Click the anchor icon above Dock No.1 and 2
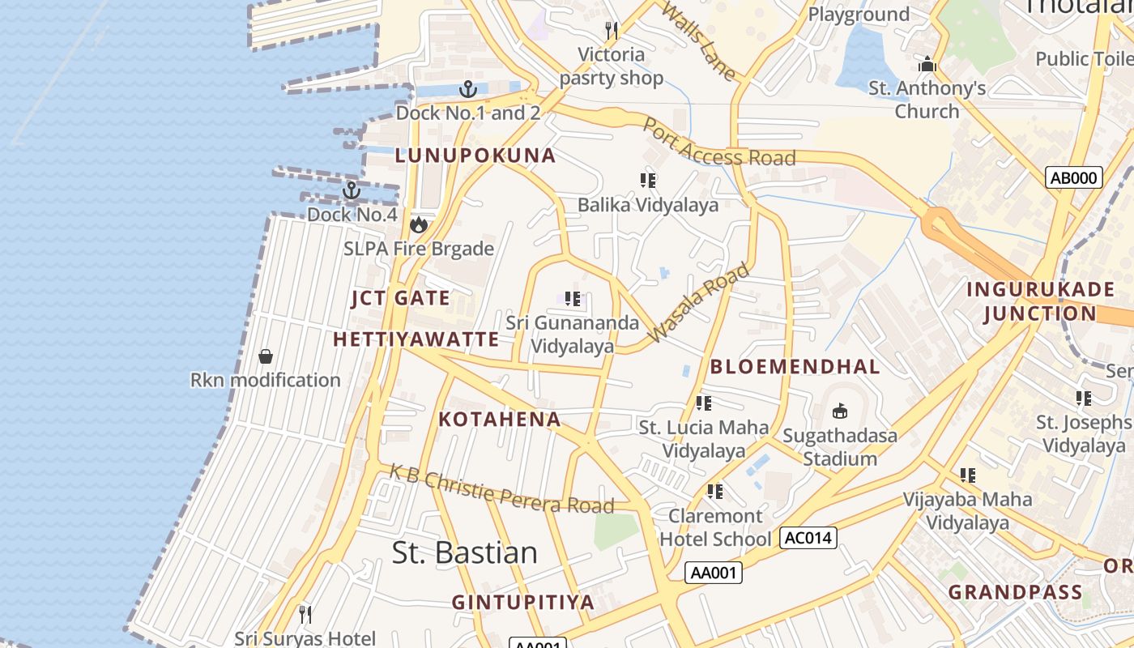click(468, 88)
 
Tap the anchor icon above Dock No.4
click(352, 190)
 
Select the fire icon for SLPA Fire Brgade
click(419, 224)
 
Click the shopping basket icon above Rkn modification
click(266, 356)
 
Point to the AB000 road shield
click(1074, 177)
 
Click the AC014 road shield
click(808, 537)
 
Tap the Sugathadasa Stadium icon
click(840, 411)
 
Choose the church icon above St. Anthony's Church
click(927, 64)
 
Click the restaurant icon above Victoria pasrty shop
click(612, 31)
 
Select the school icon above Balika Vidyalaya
click(648, 180)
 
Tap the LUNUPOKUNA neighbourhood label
click(475, 156)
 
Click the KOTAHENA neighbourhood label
click(500, 419)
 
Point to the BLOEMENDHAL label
click(795, 366)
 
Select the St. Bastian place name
click(464, 552)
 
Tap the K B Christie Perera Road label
click(501, 488)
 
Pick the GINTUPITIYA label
click(523, 602)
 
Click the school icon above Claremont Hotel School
click(714, 491)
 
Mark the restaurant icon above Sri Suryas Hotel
click(305, 614)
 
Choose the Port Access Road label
click(718, 143)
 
